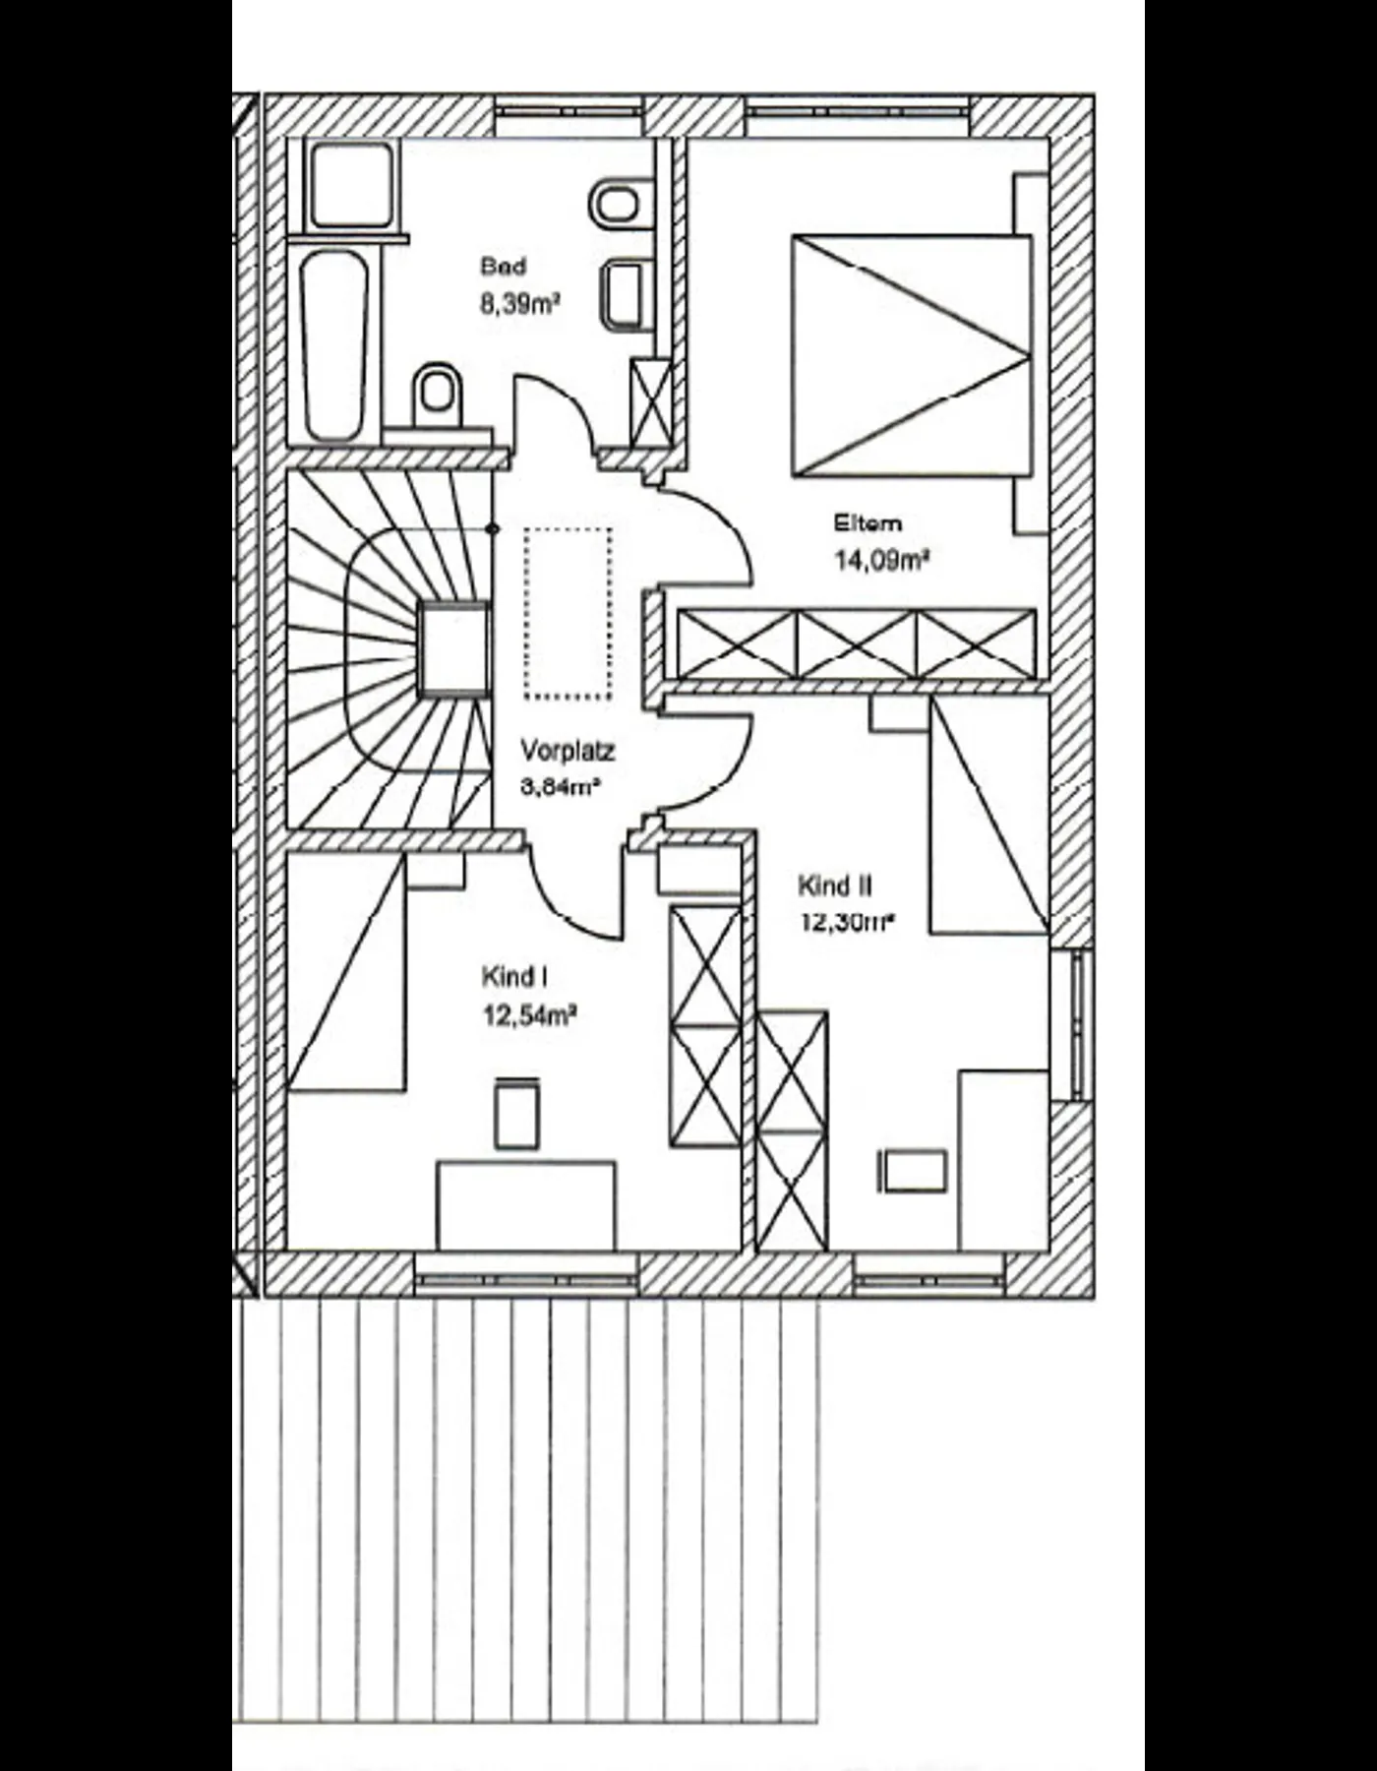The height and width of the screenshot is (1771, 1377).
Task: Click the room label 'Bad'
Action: [504, 266]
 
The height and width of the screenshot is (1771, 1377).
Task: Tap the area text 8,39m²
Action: [519, 303]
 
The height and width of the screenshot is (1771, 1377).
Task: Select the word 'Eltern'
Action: [868, 522]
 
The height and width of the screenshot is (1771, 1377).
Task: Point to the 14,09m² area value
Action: [882, 560]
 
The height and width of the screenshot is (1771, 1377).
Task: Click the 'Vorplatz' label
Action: [568, 752]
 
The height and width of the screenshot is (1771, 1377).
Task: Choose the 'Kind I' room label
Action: [513, 977]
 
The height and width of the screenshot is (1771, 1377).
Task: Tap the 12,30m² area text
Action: [846, 923]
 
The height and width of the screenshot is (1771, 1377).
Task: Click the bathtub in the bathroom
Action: [335, 346]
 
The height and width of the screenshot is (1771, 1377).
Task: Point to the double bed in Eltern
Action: [912, 355]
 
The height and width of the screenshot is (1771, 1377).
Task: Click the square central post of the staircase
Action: [454, 650]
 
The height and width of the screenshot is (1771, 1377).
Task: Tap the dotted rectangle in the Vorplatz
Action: [568, 614]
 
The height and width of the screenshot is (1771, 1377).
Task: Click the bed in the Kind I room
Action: [346, 973]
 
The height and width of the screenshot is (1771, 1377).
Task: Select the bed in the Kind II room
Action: [988, 815]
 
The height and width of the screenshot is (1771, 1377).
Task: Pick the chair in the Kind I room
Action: [517, 1113]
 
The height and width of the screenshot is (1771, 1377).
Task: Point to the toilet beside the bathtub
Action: [437, 395]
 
